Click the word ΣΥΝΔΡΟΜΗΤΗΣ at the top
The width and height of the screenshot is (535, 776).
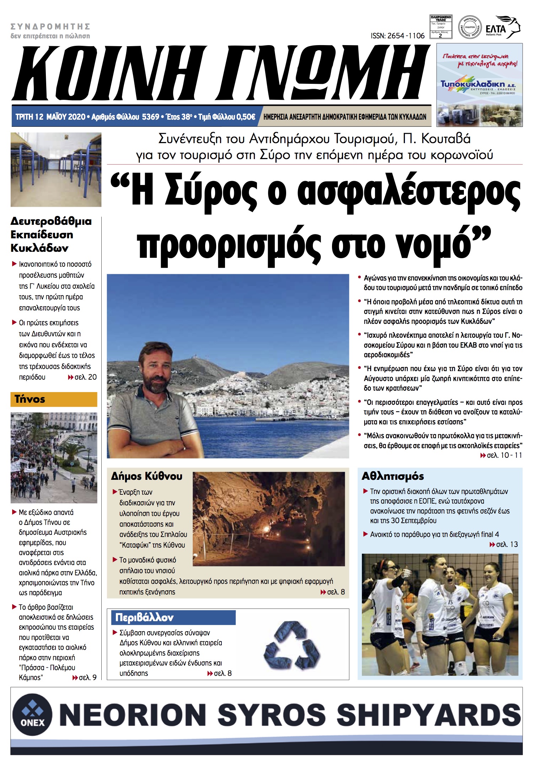click(50, 27)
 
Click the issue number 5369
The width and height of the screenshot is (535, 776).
click(150, 117)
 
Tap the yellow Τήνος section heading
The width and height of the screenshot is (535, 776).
click(30, 399)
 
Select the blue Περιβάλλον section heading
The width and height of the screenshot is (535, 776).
click(144, 618)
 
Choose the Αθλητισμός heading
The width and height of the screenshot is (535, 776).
click(392, 476)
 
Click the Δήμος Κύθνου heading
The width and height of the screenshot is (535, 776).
click(146, 476)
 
